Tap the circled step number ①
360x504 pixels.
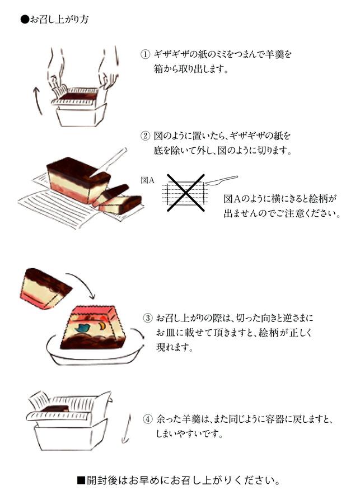pyautogui.click(x=146, y=55)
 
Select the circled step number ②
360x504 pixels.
pyautogui.click(x=146, y=136)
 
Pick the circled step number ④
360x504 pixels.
pyautogui.click(x=148, y=419)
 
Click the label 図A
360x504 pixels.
pyautogui.click(x=148, y=180)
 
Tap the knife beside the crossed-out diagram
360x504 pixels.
pyautogui.click(x=223, y=180)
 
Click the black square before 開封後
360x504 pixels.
pyautogui.click(x=81, y=480)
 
